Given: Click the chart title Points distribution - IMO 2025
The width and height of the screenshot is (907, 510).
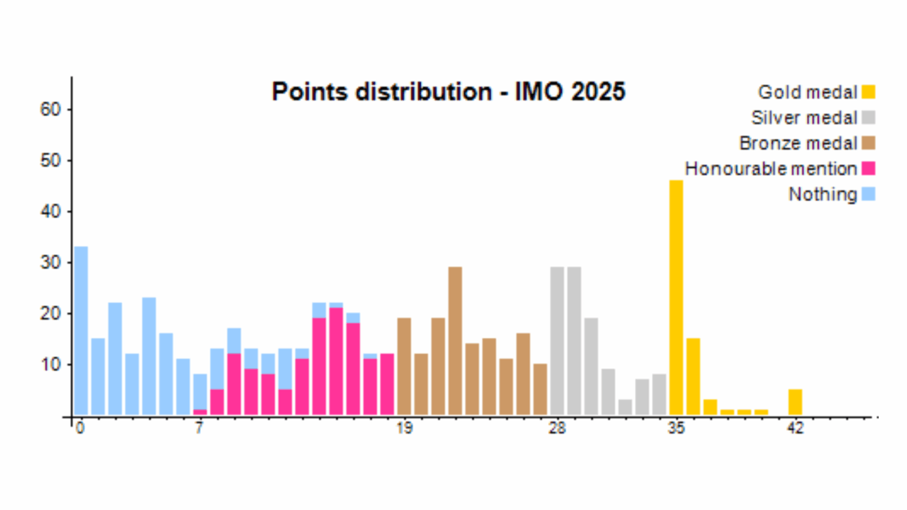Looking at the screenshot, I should (448, 92).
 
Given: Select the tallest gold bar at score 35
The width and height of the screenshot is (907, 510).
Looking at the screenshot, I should (676, 297).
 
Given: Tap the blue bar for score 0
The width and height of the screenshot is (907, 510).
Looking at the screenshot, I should (81, 331).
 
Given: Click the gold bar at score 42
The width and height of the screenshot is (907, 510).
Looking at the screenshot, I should (795, 402).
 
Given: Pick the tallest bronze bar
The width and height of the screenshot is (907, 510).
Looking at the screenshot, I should (455, 341).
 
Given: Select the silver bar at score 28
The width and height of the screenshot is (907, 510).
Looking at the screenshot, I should (557, 341).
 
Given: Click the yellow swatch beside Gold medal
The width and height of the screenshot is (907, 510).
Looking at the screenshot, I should (868, 92).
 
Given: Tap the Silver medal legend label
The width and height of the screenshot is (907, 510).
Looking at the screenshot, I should (804, 117).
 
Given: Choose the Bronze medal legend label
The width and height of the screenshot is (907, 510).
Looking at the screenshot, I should (798, 143).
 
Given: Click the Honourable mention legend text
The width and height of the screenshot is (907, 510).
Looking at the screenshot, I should (771, 169).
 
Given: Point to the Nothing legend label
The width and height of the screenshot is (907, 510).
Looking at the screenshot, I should (823, 194).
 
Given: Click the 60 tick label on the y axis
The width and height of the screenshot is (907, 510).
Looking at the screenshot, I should (50, 109).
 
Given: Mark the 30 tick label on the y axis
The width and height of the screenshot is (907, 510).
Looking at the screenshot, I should (50, 262).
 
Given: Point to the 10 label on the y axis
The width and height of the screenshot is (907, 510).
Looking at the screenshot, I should (50, 364).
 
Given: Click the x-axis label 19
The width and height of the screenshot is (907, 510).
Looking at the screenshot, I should (404, 429).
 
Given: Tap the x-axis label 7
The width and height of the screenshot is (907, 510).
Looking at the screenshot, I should (200, 429).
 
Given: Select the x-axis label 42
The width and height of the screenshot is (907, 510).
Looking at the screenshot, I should (795, 429).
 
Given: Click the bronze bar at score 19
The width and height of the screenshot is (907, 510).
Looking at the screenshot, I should (404, 366).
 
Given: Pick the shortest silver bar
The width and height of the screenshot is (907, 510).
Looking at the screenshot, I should (625, 407).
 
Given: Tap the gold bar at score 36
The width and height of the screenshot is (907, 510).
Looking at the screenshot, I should (693, 377).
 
